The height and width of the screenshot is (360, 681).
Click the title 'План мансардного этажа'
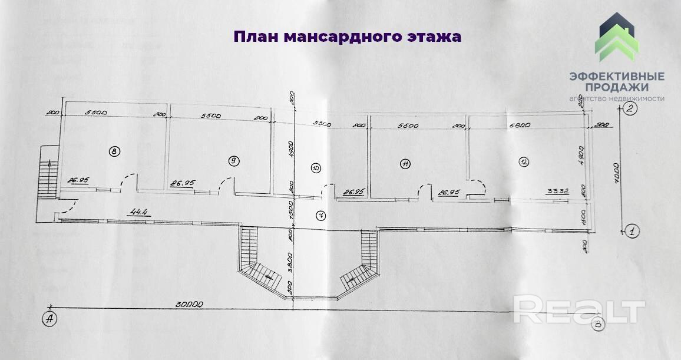click(x=347, y=37)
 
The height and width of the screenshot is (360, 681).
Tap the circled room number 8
click(x=114, y=151)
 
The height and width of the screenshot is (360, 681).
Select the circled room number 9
click(x=234, y=160)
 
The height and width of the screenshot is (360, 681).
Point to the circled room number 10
click(x=316, y=168)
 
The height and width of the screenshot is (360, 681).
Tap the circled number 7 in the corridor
click(x=320, y=214)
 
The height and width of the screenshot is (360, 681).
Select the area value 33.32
click(x=557, y=191)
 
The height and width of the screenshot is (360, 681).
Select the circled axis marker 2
click(x=630, y=108)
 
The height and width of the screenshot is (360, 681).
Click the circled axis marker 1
click(x=630, y=231)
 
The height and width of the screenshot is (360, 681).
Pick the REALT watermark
click(x=578, y=310)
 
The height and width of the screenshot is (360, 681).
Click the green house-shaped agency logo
click(x=617, y=39)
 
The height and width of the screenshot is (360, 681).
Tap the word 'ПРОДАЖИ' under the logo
click(x=617, y=87)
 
